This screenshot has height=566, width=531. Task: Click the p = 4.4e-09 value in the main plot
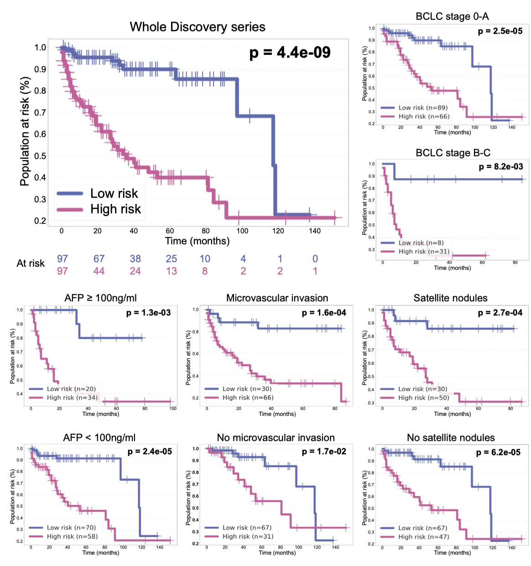click(290, 52)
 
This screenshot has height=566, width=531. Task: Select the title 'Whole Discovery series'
click(198, 27)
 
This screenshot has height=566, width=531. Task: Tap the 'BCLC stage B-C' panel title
click(453, 153)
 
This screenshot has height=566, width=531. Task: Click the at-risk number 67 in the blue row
click(99, 259)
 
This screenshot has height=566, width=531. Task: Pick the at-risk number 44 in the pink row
click(99, 271)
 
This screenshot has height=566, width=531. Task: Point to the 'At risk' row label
click(31, 263)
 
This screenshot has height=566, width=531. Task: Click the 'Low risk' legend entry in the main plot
click(114, 194)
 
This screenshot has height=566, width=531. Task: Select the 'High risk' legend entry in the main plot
click(115, 209)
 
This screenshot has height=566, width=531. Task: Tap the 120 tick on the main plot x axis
click(278, 231)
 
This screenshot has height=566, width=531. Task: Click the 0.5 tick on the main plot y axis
click(40, 156)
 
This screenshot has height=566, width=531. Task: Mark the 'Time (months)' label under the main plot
click(197, 241)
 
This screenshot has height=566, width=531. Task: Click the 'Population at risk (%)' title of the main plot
click(25, 131)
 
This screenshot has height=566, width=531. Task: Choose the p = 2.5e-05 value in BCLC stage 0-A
click(500, 31)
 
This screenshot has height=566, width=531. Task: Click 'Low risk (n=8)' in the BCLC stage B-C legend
click(421, 243)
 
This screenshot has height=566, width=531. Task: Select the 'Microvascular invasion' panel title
click(277, 298)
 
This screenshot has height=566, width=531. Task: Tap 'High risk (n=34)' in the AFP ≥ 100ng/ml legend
click(72, 398)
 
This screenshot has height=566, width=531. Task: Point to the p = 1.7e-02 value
click(324, 451)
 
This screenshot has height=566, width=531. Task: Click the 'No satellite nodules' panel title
click(451, 438)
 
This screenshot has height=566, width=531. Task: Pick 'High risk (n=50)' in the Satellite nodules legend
click(423, 398)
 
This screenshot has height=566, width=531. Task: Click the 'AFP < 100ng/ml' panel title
click(99, 438)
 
